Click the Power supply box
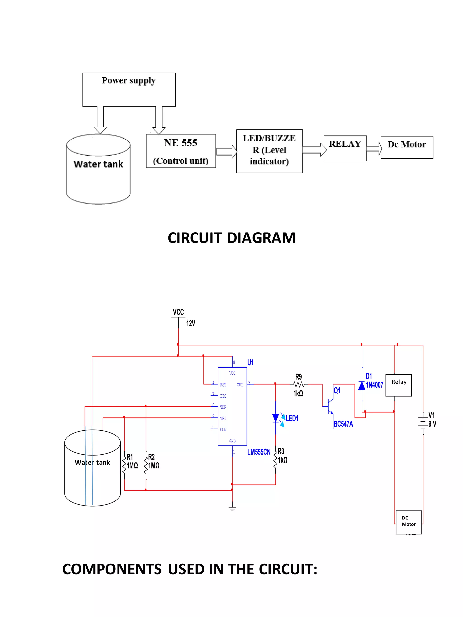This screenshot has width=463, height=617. [x=129, y=89]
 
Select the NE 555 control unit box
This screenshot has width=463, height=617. [x=181, y=151]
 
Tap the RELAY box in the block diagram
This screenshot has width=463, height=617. [x=345, y=148]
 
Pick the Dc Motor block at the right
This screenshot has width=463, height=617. [x=407, y=147]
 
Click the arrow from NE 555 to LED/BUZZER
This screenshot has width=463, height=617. [x=226, y=152]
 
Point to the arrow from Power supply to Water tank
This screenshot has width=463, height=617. [x=100, y=119]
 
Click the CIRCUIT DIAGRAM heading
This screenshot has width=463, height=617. [x=231, y=238]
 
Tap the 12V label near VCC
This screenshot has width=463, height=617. [x=190, y=323]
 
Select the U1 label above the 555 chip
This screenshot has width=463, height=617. [x=250, y=362]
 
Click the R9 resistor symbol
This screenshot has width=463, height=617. [x=299, y=384]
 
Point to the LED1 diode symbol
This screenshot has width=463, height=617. [x=275, y=418]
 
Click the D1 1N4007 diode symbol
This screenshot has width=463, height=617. [x=362, y=386]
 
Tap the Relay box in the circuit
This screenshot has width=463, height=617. [x=398, y=385]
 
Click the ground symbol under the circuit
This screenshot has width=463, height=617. [x=232, y=508]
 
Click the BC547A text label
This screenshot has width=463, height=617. [x=343, y=424]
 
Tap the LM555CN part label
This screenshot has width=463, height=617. [x=259, y=452]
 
